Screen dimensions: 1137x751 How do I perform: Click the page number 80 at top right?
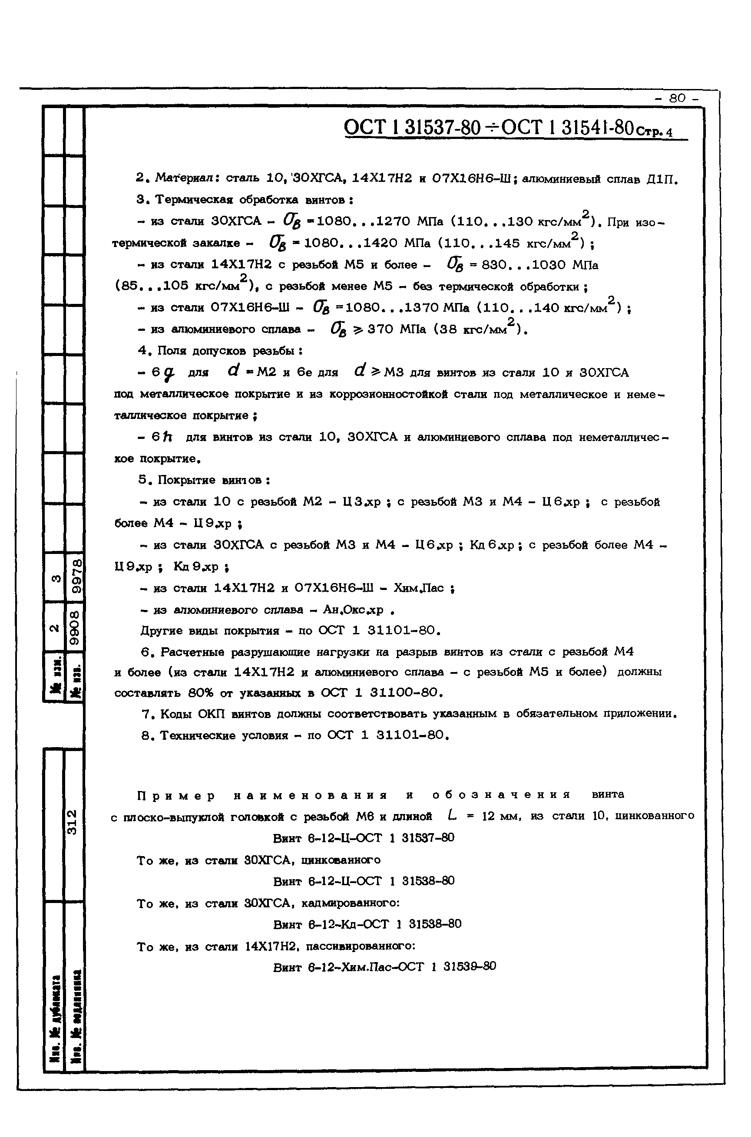coord(677,98)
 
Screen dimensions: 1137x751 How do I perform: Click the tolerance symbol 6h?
coord(162,437)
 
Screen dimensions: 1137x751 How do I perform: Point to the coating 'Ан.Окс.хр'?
coord(354,610)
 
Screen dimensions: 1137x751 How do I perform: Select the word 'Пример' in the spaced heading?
coord(176,796)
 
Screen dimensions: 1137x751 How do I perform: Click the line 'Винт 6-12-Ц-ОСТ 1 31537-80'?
coord(364,838)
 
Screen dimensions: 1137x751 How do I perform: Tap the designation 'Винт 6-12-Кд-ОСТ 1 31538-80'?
coord(367,924)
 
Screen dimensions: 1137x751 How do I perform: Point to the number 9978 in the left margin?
coord(76,577)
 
